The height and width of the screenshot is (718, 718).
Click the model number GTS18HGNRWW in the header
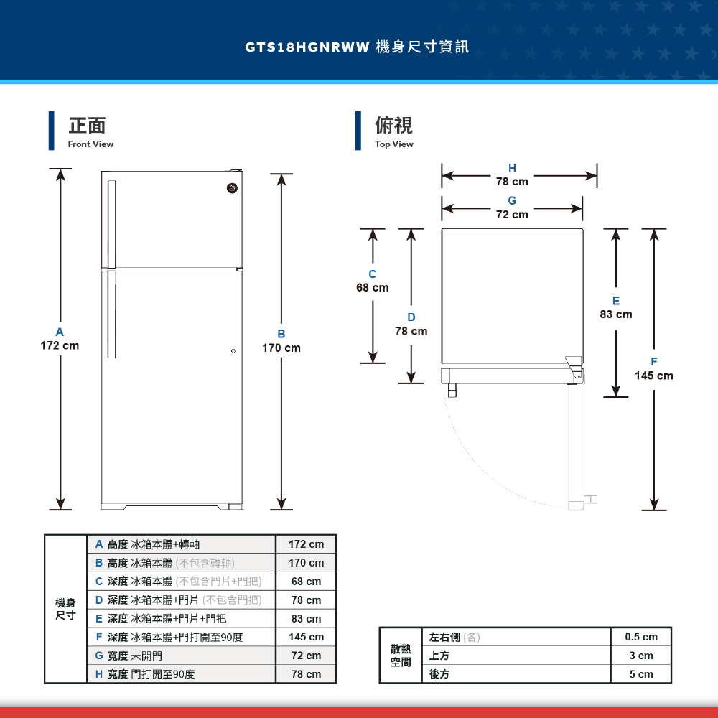307,47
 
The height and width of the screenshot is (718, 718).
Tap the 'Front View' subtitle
90,144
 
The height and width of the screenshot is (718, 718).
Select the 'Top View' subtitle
393,144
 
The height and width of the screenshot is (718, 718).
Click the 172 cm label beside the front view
60,346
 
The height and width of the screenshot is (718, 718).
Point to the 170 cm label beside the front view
281,348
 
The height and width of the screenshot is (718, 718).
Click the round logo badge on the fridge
232,188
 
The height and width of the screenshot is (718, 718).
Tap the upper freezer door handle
112,223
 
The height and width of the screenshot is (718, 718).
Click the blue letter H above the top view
512,169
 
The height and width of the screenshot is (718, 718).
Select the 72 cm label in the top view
512,215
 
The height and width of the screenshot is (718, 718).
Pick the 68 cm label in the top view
373,288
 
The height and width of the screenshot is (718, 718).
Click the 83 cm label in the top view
616,314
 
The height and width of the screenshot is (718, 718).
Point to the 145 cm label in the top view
654,376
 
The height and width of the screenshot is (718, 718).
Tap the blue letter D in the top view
411,317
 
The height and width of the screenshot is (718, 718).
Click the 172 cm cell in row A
306,545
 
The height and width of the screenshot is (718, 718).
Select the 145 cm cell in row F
306,638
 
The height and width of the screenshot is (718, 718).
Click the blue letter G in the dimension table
99,656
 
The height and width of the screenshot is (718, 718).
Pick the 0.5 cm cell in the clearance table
641,637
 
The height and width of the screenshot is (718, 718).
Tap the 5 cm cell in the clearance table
641,674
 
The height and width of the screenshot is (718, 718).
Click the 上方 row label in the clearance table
439,656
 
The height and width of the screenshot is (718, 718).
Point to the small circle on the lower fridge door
233,350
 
